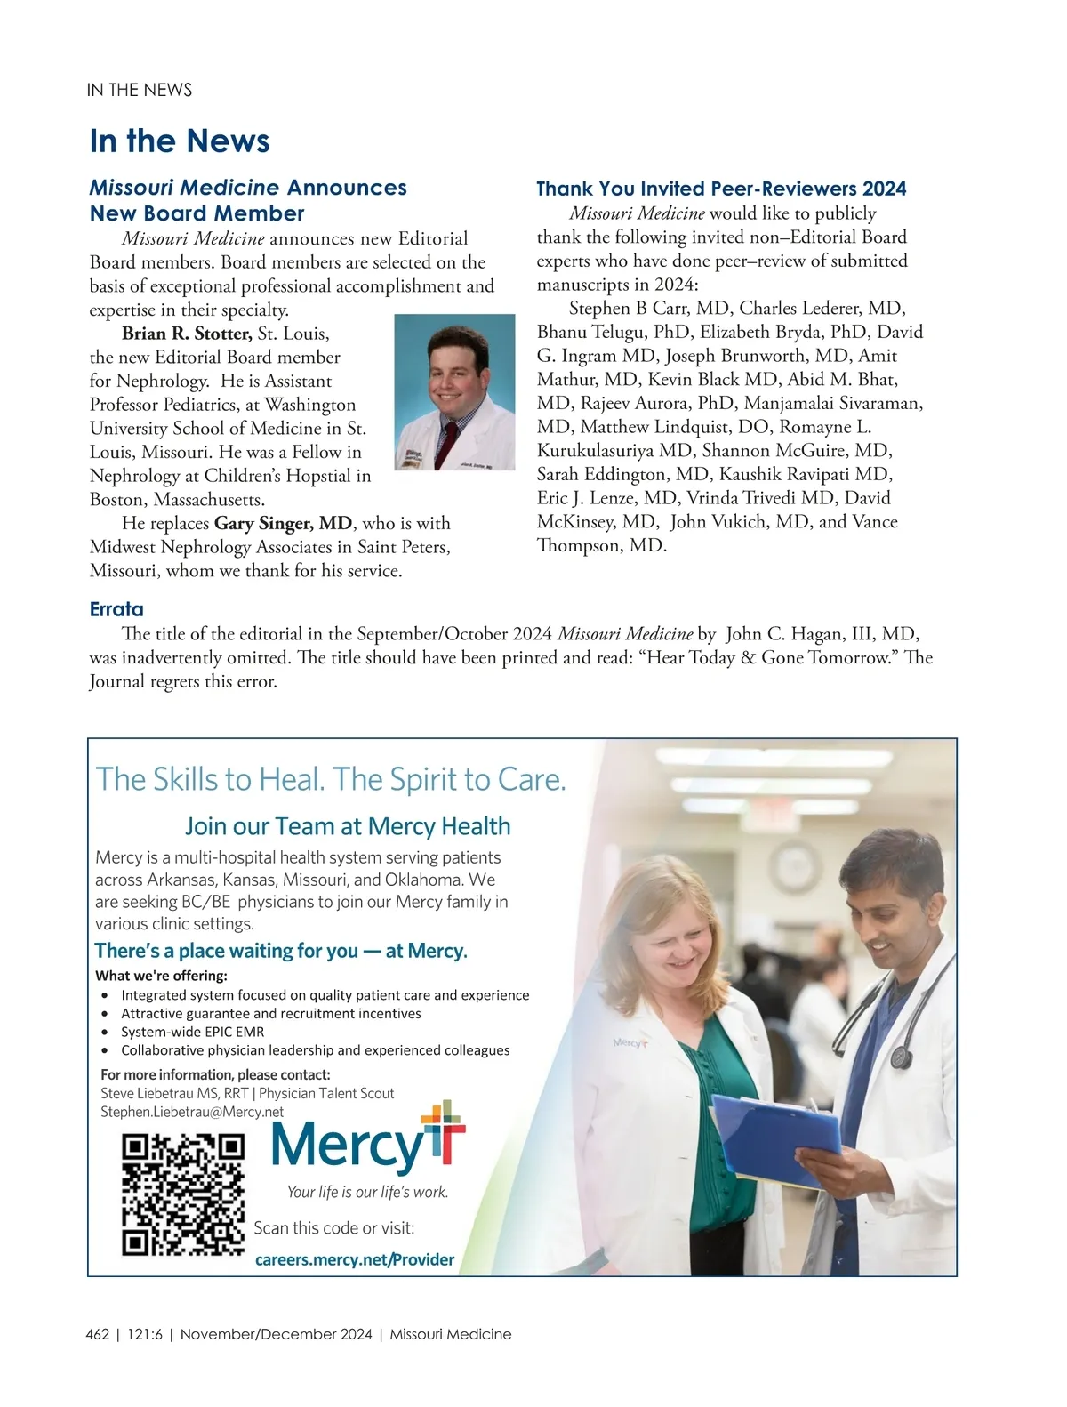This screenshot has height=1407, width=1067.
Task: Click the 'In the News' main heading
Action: click(x=180, y=141)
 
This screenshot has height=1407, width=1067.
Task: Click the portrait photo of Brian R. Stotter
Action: click(x=454, y=392)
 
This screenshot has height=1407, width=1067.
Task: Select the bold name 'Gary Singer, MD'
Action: click(x=283, y=523)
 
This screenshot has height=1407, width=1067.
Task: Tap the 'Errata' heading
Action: click(x=116, y=609)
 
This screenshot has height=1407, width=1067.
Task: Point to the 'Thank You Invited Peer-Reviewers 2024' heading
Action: click(x=721, y=189)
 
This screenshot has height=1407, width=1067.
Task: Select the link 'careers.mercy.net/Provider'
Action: click(x=354, y=1259)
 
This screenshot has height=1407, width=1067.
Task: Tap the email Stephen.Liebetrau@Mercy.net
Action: click(x=192, y=1112)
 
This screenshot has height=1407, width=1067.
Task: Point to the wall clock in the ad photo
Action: click(x=794, y=867)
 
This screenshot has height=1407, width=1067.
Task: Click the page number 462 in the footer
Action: click(x=98, y=1334)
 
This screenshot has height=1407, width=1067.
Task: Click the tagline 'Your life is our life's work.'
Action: click(x=367, y=1192)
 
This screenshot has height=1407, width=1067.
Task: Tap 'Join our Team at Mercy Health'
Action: click(x=348, y=826)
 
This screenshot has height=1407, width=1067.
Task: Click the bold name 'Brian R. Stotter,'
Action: click(x=187, y=334)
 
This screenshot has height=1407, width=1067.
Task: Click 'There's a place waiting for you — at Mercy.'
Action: click(x=281, y=951)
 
